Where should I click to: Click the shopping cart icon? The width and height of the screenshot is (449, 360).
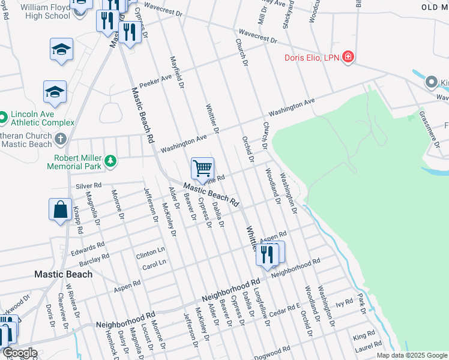(203, 167)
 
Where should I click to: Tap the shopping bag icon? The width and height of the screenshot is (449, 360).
(61, 210)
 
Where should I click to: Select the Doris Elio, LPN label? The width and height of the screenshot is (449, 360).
(312, 58)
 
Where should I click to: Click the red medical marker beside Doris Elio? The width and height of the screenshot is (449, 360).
(348, 58)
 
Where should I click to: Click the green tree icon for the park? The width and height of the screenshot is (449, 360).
(110, 161)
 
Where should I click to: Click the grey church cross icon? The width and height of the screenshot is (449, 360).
(60, 139)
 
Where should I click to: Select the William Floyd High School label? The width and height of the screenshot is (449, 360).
(45, 11)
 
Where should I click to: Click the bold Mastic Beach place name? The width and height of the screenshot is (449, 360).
(63, 274)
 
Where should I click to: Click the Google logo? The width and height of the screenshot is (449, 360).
(19, 353)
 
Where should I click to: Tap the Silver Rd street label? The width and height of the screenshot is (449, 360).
(88, 186)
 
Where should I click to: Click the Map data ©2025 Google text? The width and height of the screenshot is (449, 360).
(412, 355)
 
